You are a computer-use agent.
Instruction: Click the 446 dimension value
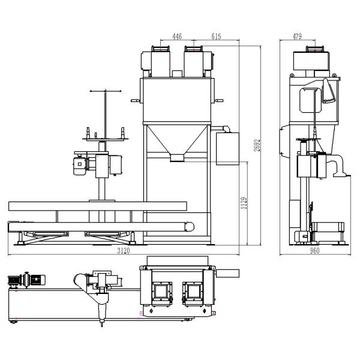[x=177, y=37]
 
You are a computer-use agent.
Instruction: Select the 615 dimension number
[x=217, y=37]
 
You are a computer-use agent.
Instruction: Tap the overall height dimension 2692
[x=256, y=144]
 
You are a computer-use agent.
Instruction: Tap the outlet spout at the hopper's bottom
[x=177, y=158]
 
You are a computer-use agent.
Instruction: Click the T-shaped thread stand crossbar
[x=106, y=92]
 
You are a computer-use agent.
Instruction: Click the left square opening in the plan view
[x=161, y=291]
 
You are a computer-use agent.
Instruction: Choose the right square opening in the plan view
[x=193, y=291]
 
